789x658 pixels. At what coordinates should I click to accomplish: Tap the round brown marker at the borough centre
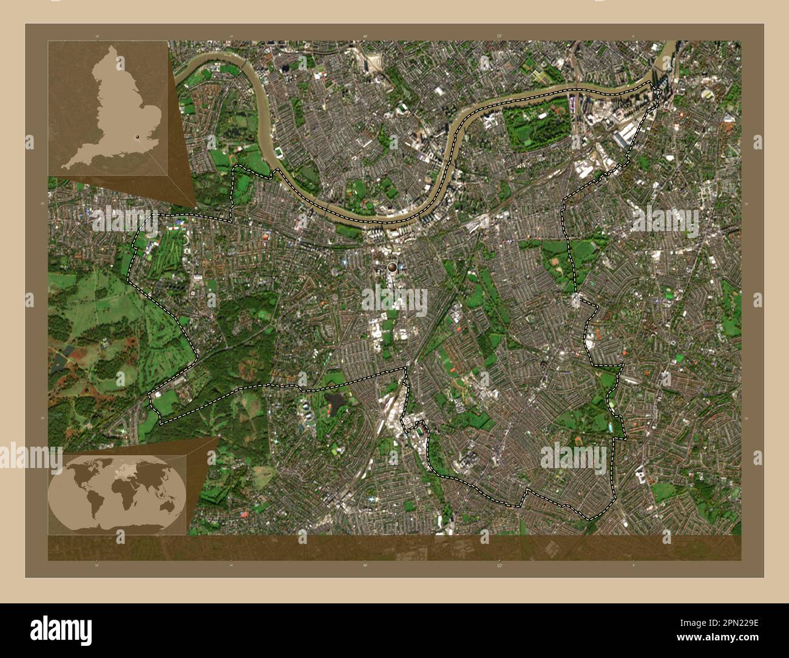[x=393, y=266]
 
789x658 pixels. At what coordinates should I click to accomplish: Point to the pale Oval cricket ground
[x=708, y=95]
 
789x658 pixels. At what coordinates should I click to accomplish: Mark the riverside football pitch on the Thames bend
[x=279, y=151]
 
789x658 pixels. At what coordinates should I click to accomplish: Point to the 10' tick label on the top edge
[x=499, y=36]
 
